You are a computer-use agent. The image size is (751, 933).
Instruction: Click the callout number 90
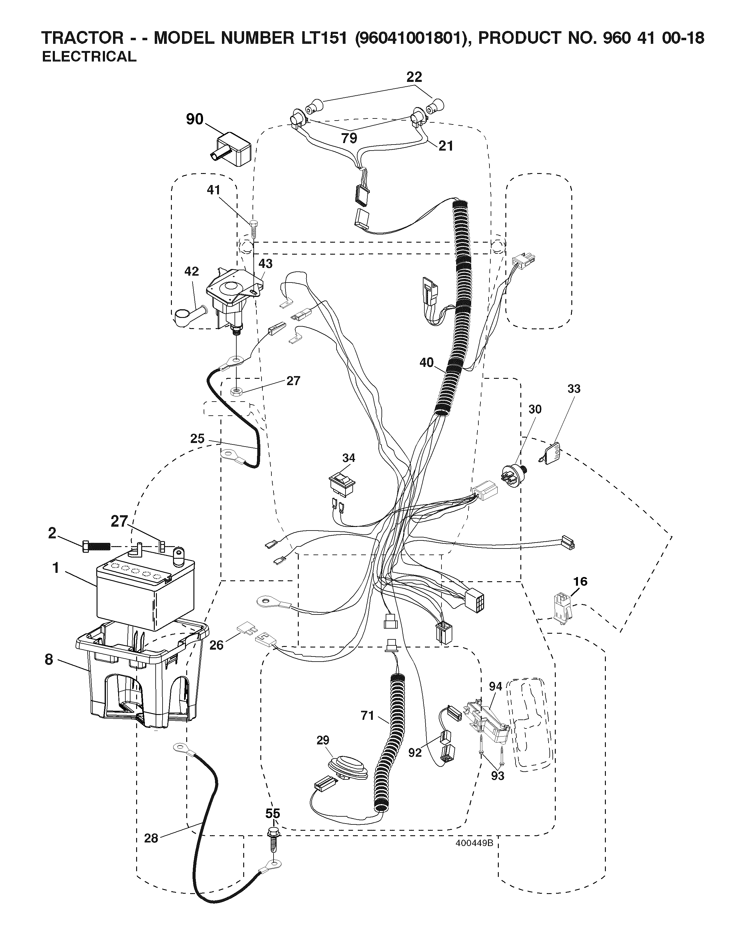point(194,119)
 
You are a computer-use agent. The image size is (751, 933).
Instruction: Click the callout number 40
point(426,363)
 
